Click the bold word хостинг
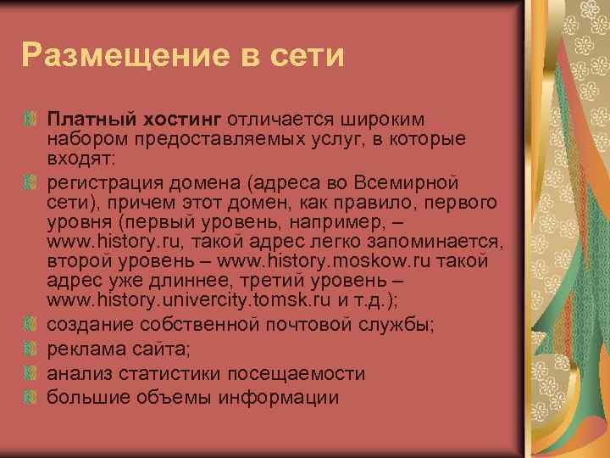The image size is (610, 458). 172,120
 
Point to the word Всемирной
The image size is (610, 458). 410,183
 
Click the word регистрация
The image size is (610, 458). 100,183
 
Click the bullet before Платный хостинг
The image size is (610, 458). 31,120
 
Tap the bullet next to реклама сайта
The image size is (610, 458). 31,349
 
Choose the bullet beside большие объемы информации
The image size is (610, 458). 31,397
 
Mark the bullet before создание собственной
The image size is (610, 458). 31,323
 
